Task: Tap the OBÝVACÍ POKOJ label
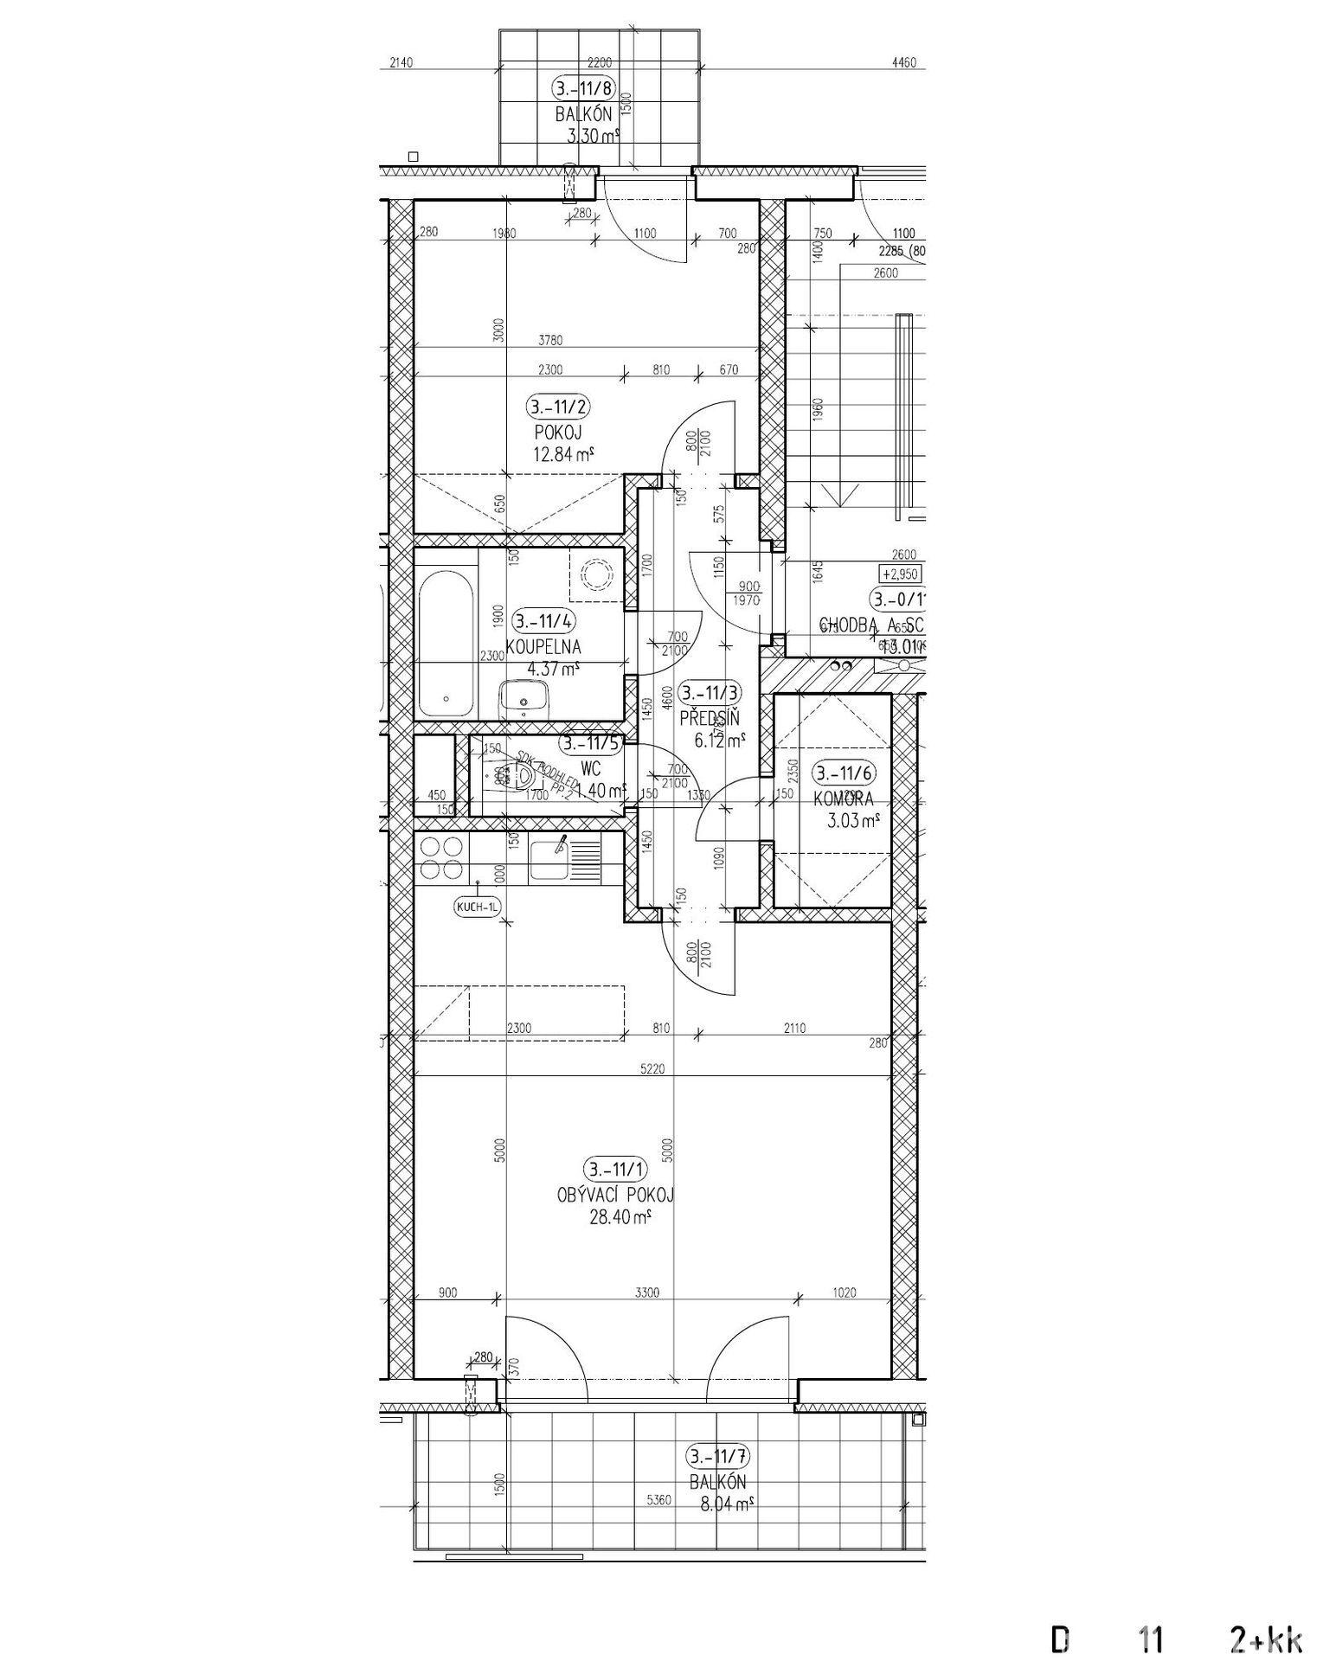615,1196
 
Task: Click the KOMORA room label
843,799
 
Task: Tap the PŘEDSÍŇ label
710,717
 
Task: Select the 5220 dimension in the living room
654,1069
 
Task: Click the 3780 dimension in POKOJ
549,341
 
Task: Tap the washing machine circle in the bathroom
596,574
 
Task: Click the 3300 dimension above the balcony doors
646,1292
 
